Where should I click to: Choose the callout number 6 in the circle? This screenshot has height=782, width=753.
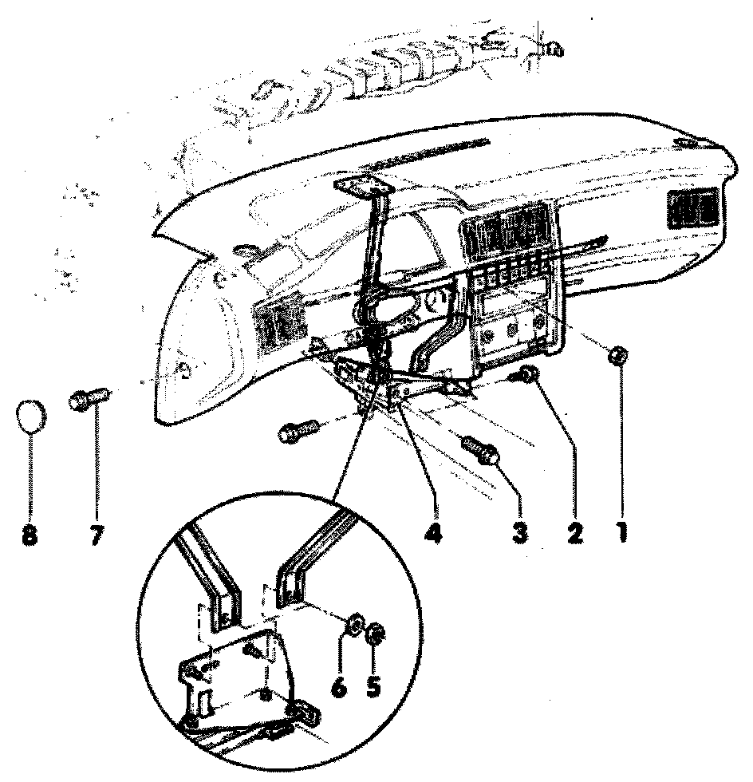pyautogui.click(x=341, y=685)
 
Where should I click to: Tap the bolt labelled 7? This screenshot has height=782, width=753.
pyautogui.click(x=88, y=397)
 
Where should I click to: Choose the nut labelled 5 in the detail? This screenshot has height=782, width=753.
pyautogui.click(x=376, y=636)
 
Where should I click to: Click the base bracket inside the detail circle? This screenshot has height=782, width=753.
pyautogui.click(x=239, y=678)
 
